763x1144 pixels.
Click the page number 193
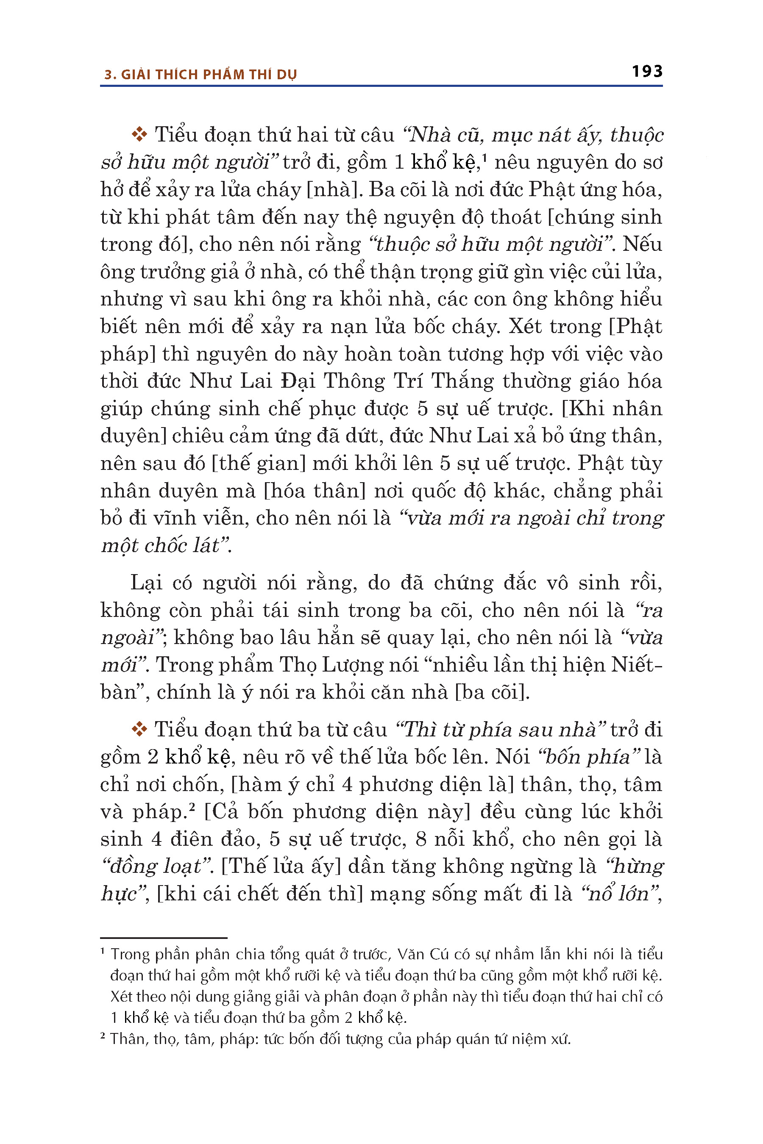point(647,72)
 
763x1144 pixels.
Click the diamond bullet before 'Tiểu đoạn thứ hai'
point(139,134)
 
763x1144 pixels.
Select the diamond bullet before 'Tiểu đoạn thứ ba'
point(139,729)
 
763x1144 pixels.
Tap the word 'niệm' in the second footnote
point(529,1039)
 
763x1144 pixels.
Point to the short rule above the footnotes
point(164,937)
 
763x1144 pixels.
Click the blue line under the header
point(381,86)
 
